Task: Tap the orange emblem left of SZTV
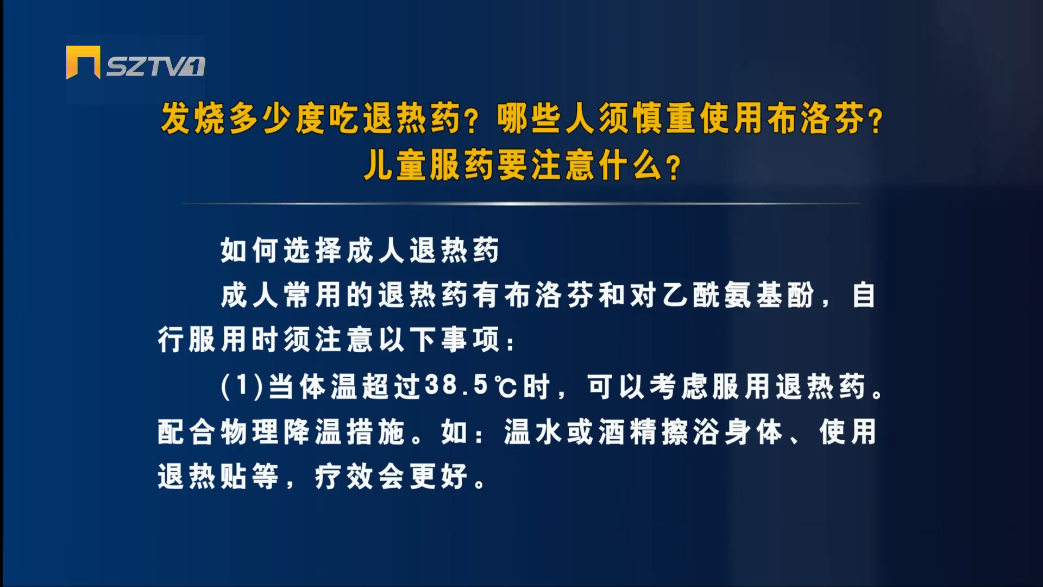coord(83,63)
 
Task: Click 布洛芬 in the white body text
coord(550,295)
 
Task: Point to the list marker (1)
coord(242,386)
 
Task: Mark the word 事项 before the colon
coord(471,340)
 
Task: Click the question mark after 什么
coord(674,167)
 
